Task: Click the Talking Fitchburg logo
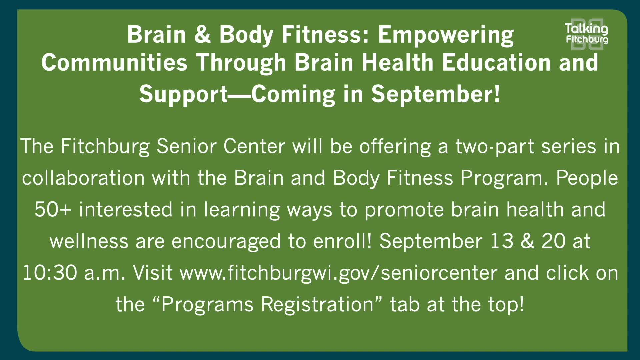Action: pos(587,34)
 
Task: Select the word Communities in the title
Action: pos(114,63)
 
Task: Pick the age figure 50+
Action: pos(53,210)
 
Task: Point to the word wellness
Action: pos(89,242)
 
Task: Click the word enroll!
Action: pos(342,241)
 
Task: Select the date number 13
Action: pos(502,241)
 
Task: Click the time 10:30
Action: pos(50,273)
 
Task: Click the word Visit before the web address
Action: pos(153,273)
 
